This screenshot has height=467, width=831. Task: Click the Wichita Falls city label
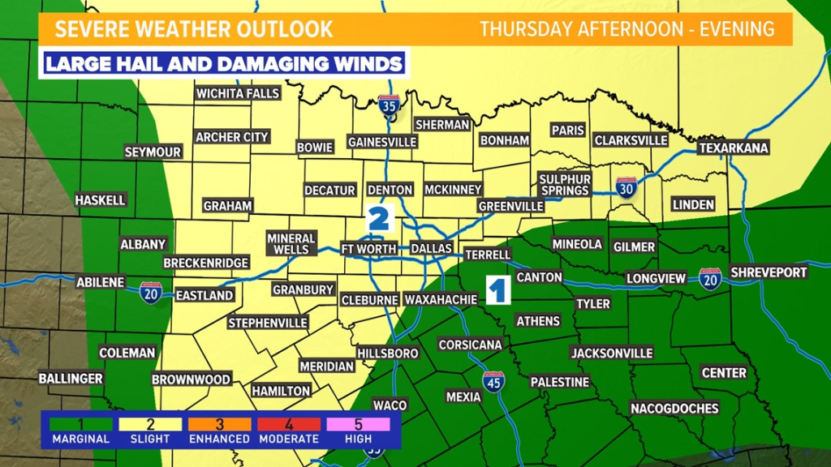click(x=238, y=93)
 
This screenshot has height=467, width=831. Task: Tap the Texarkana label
click(x=734, y=148)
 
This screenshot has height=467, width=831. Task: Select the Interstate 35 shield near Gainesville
click(x=389, y=105)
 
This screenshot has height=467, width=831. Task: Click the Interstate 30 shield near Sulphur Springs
click(x=626, y=186)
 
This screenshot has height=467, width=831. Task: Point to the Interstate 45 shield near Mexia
click(x=493, y=381)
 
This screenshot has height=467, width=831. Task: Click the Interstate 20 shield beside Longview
click(x=710, y=278)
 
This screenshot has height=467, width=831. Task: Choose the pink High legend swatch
click(x=359, y=424)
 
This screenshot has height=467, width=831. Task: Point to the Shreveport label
click(x=768, y=272)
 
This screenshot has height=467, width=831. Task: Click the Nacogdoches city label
click(x=674, y=408)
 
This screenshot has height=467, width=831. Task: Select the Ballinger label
click(x=71, y=379)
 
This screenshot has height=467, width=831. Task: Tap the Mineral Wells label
click(x=291, y=243)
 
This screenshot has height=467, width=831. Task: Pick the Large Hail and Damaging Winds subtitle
click(x=223, y=64)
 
